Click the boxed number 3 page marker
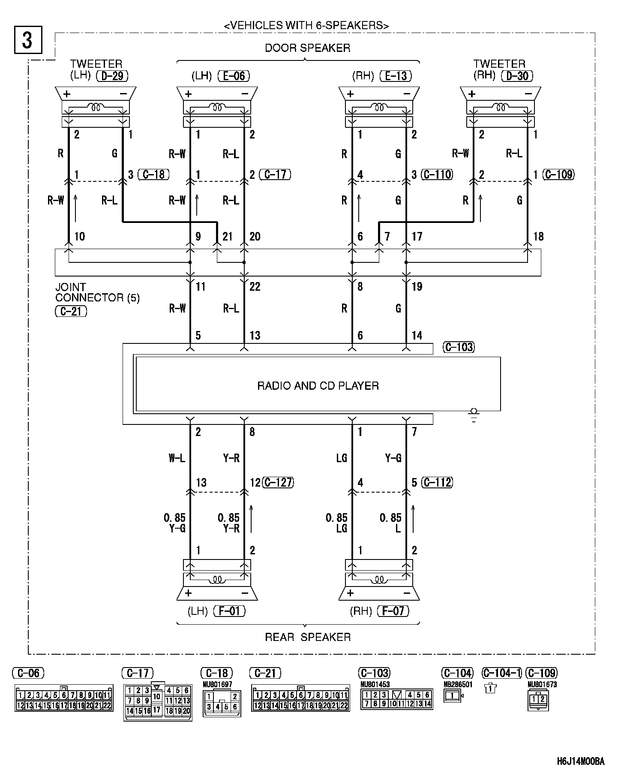click(28, 40)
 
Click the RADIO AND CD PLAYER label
click(318, 386)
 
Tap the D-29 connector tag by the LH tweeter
click(112, 76)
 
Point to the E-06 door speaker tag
click(234, 76)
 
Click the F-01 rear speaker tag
click(229, 611)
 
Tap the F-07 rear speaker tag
click(393, 611)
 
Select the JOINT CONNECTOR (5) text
click(97, 292)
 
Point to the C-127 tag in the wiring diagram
click(278, 482)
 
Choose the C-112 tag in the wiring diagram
click(437, 482)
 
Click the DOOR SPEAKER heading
click(307, 48)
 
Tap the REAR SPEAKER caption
click(308, 637)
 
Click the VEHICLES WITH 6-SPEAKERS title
click(306, 26)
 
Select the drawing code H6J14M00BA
click(581, 762)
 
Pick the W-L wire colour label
click(177, 458)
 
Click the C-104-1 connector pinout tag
click(501, 673)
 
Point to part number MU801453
click(375, 685)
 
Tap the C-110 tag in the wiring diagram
click(437, 174)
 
